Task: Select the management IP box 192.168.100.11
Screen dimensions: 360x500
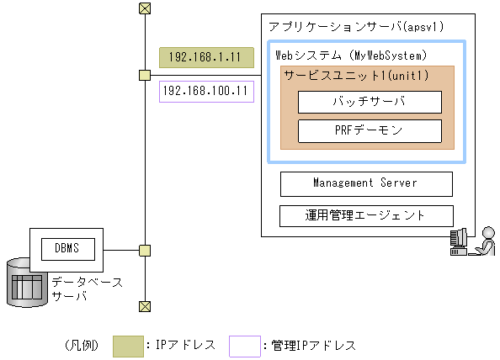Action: (x=205, y=91)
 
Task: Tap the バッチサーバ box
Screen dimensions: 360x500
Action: (x=370, y=102)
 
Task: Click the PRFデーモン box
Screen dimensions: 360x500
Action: (x=370, y=130)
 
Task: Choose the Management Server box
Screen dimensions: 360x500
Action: (x=365, y=183)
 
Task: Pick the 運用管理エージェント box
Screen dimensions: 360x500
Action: (x=365, y=215)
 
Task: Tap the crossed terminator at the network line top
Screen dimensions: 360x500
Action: (x=145, y=9)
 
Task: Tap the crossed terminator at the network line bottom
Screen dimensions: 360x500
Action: (x=145, y=305)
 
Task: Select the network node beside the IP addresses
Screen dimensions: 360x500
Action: (x=145, y=76)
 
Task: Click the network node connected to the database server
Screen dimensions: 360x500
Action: (x=145, y=250)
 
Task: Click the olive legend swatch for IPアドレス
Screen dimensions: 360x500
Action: (x=127, y=345)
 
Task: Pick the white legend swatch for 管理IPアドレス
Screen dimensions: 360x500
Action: (x=244, y=345)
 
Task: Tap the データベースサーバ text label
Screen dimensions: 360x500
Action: (x=86, y=289)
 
